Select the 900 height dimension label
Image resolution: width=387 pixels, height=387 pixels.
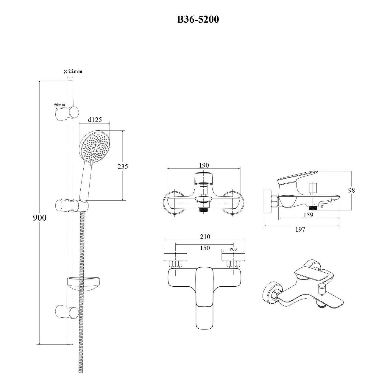pos(40,218)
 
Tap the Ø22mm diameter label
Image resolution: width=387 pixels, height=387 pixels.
pos(73,71)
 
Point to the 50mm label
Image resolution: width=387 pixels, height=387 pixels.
pos(60,105)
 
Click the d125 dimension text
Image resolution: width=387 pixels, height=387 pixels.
pos(95,120)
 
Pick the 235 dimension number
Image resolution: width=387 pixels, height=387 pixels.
pos(123,166)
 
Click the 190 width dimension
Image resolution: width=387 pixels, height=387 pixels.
pos(204,165)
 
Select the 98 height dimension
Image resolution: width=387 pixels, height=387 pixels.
pos(352,190)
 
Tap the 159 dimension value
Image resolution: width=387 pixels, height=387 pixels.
pos(308,215)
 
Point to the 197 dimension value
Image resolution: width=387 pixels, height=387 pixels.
pos(300,229)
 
